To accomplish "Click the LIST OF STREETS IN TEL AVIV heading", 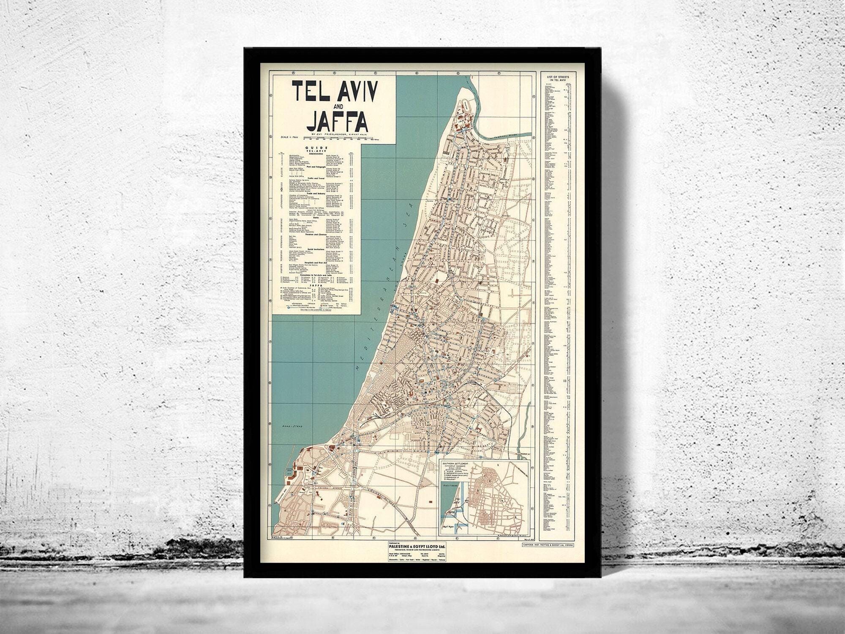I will point(558,78).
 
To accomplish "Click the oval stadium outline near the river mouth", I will point(465,105).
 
